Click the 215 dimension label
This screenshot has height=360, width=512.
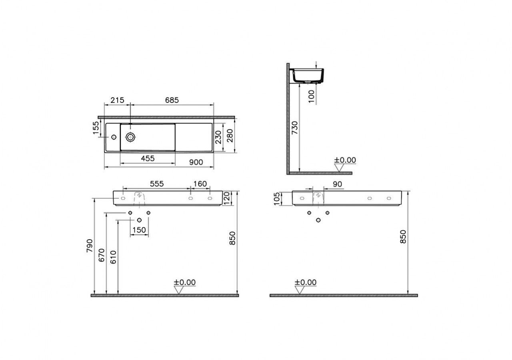[118, 100]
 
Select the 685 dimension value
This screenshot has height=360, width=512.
[172, 100]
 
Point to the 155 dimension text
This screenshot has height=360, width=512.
[96, 128]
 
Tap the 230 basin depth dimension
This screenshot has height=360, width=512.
[218, 137]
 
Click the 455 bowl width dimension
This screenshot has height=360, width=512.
[148, 158]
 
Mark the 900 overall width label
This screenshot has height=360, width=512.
[196, 162]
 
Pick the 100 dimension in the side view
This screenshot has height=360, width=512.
[312, 96]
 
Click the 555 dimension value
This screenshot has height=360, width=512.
[156, 184]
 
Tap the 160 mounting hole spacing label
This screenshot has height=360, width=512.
[200, 184]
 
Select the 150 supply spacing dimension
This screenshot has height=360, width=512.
[139, 230]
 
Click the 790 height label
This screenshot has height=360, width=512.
[90, 246]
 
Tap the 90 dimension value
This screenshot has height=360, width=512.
[337, 184]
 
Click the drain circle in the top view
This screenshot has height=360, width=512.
[130, 137]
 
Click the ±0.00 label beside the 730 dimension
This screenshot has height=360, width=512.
[345, 160]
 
